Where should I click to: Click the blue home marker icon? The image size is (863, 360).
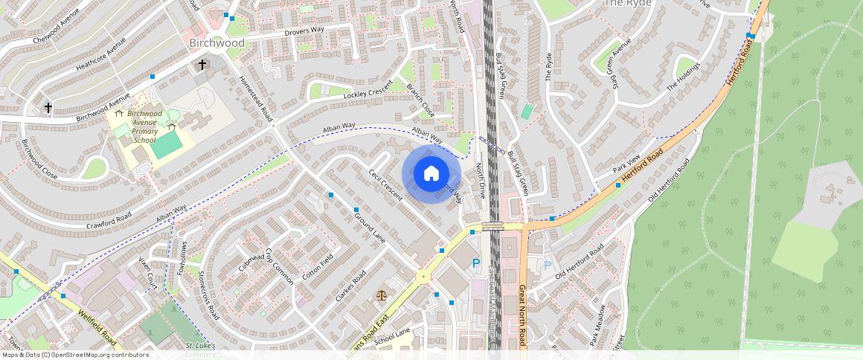point(431,174)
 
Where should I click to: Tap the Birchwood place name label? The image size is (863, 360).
point(216,43)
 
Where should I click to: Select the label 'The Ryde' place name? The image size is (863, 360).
point(627,4)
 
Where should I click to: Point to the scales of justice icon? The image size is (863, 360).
point(382,295)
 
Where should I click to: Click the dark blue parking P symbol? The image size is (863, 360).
point(476,263)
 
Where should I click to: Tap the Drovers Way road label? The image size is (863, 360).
point(304,32)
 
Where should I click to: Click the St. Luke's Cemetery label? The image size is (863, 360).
point(200,350)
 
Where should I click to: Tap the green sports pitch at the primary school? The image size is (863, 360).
point(165,144)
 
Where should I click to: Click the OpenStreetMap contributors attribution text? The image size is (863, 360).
point(74,355)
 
